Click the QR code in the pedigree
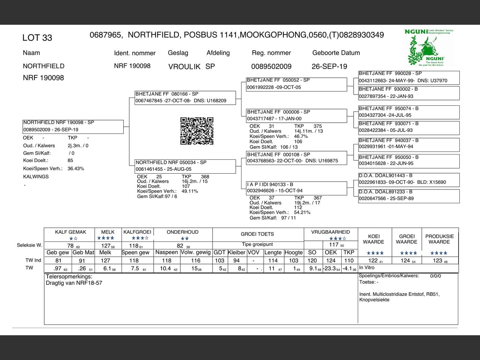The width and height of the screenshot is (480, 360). click(x=197, y=131)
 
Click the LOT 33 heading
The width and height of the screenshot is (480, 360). click(x=37, y=38)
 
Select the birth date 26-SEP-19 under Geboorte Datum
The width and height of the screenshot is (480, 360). click(x=329, y=67)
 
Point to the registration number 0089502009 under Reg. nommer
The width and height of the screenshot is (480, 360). click(x=271, y=67)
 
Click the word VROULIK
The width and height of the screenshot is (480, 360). click(x=184, y=67)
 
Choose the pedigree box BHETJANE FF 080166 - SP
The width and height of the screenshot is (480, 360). click(x=185, y=97)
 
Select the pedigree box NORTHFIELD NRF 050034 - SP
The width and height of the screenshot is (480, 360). click(x=185, y=166)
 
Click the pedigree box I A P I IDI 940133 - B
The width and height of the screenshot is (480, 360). click(x=296, y=187)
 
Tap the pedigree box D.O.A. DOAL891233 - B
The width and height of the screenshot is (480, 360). click(x=408, y=195)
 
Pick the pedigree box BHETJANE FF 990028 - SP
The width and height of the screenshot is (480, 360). click(x=408, y=77)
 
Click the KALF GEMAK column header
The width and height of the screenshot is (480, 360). click(x=70, y=232)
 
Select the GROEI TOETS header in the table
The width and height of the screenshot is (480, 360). click(x=257, y=234)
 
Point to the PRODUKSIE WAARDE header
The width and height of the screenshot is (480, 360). click(x=439, y=239)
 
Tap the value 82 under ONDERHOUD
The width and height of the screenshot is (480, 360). click(x=180, y=246)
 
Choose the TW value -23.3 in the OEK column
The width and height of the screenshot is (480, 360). click(x=330, y=268)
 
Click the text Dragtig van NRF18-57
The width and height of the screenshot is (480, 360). click(x=74, y=283)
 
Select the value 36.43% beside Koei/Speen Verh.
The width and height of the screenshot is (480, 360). click(x=76, y=169)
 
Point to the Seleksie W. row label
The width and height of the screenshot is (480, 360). click(x=29, y=245)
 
